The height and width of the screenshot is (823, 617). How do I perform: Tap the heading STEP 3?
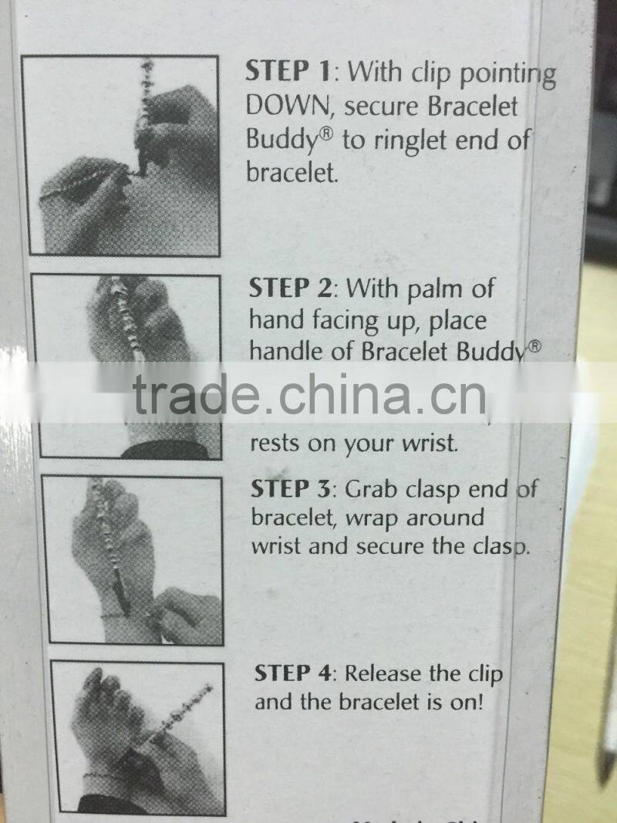pyautogui.click(x=293, y=489)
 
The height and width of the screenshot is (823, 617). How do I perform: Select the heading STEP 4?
pyautogui.click(x=295, y=673)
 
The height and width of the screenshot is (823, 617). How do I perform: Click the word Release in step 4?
pyautogui.click(x=384, y=673)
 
